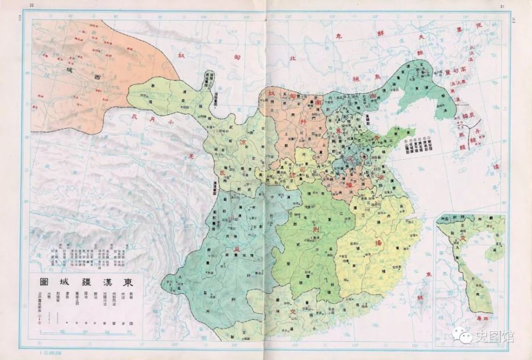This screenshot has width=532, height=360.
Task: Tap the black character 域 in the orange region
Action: (x=69, y=70)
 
